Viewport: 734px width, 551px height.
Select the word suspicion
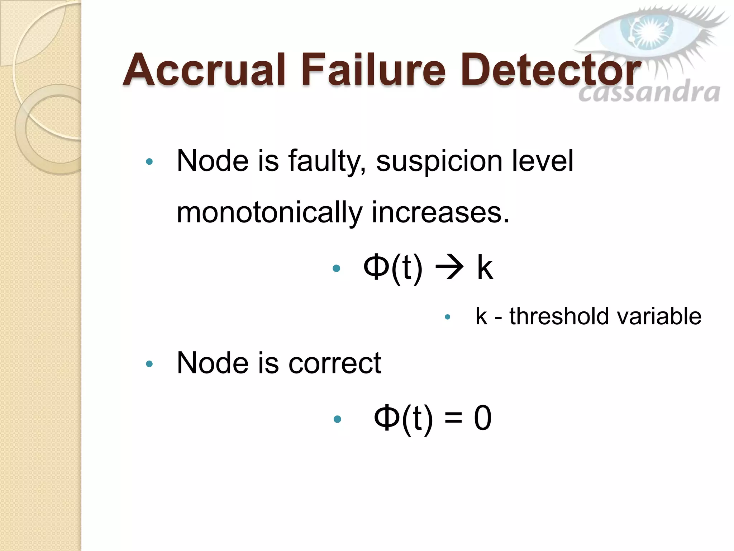coord(439,161)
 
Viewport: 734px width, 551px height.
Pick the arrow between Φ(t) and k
coord(449,268)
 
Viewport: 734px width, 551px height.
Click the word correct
coord(335,363)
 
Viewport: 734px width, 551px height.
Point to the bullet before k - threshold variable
coord(447,317)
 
